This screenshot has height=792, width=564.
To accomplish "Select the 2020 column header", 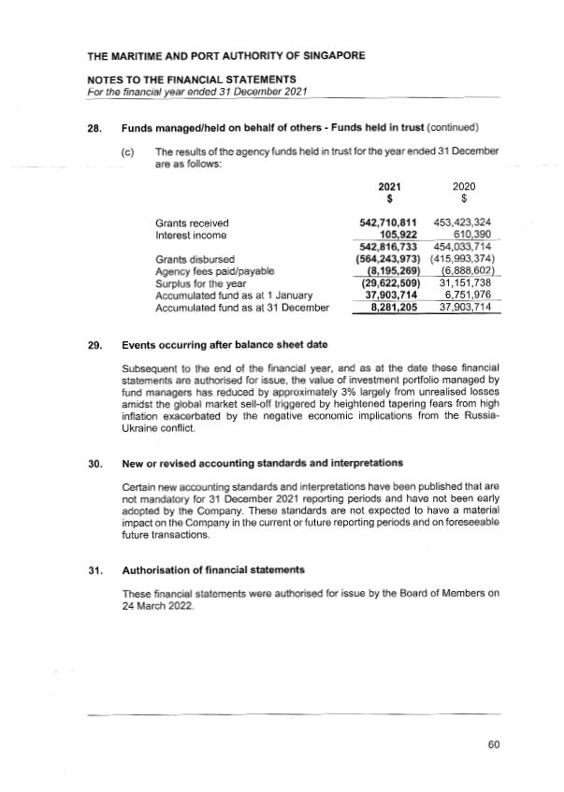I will [x=464, y=188].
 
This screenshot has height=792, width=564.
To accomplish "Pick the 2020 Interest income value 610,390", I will [x=470, y=235].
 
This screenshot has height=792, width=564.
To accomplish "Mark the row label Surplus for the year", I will [x=200, y=282].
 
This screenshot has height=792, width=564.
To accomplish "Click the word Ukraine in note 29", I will [x=143, y=428].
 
